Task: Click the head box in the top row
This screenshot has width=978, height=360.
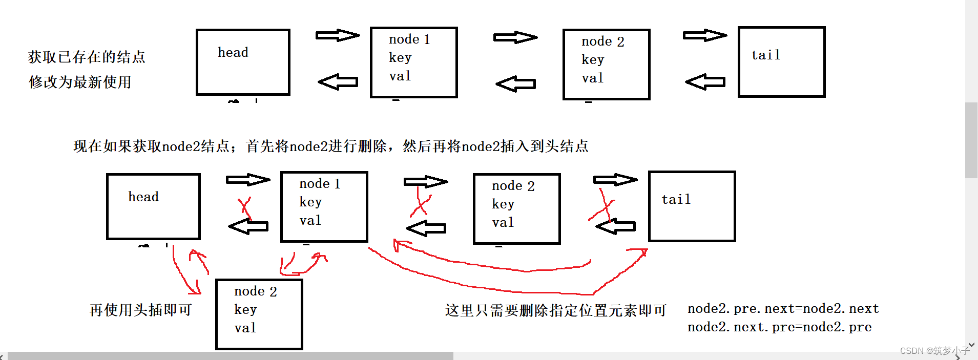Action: pyautogui.click(x=243, y=62)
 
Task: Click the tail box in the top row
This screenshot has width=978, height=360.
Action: pyautogui.click(x=781, y=62)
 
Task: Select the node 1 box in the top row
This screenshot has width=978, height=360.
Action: pyautogui.click(x=413, y=62)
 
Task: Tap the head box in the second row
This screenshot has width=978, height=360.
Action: pyautogui.click(x=153, y=206)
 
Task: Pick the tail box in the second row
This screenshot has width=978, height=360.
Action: pyautogui.click(x=692, y=206)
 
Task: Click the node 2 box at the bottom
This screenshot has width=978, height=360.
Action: pyautogui.click(x=259, y=314)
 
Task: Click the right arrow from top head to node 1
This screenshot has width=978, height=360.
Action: pyautogui.click(x=337, y=35)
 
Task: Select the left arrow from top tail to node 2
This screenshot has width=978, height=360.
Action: pyautogui.click(x=705, y=82)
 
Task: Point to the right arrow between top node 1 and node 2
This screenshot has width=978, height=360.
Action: pyautogui.click(x=515, y=37)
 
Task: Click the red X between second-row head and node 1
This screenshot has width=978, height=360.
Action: pyautogui.click(x=245, y=208)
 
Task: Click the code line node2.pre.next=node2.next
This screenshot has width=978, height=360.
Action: pyautogui.click(x=783, y=309)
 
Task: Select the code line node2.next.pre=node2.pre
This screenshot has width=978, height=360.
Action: pyautogui.click(x=779, y=327)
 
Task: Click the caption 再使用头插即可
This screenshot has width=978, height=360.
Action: pyautogui.click(x=141, y=310)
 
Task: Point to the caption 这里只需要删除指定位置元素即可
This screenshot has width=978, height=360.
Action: pyautogui.click(x=556, y=310)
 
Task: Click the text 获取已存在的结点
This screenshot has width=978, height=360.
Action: pyautogui.click(x=87, y=57)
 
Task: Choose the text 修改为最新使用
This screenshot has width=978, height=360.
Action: pyautogui.click(x=80, y=82)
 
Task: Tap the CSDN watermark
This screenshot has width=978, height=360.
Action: pyautogui.click(x=934, y=351)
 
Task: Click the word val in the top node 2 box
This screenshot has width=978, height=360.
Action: pyautogui.click(x=593, y=78)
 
